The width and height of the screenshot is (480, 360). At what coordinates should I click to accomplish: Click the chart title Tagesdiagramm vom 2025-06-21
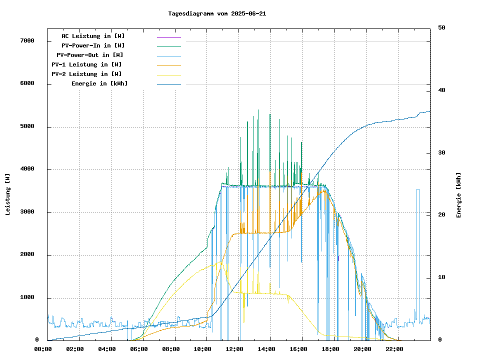(x=217, y=13)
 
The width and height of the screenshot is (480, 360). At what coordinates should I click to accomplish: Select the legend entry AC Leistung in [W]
(x=93, y=36)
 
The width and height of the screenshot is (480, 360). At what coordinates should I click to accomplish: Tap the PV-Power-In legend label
(x=96, y=45)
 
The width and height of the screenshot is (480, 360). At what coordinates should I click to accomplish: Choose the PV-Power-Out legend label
(x=90, y=55)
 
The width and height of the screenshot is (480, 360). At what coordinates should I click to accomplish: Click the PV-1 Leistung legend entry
(x=86, y=64)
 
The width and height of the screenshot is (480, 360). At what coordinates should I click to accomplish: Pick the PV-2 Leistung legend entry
(x=86, y=74)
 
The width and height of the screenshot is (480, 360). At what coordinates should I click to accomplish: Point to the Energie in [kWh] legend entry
(x=99, y=83)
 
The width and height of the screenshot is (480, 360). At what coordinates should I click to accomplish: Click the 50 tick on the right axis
(x=442, y=27)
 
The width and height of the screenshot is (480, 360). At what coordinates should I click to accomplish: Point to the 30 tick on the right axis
(x=442, y=152)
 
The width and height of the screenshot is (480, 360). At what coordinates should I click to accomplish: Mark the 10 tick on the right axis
(x=442, y=277)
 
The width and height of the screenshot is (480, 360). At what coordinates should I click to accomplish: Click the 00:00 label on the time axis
(x=43, y=349)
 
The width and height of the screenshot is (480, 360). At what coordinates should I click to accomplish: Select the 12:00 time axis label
(x=234, y=349)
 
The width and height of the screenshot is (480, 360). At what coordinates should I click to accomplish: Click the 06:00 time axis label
(x=139, y=349)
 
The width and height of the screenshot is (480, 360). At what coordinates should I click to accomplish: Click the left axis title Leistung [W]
(x=8, y=194)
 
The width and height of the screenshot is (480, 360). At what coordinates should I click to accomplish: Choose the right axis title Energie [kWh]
(x=458, y=195)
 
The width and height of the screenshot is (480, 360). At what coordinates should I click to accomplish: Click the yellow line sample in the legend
(x=169, y=74)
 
